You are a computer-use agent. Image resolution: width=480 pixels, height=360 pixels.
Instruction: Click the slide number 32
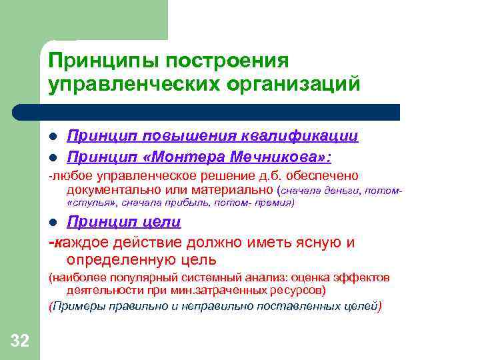tap(20, 342)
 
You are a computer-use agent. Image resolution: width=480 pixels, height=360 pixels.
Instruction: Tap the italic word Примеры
tap(77, 307)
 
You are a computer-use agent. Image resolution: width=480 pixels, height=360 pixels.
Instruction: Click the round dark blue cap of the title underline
tap(20, 112)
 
